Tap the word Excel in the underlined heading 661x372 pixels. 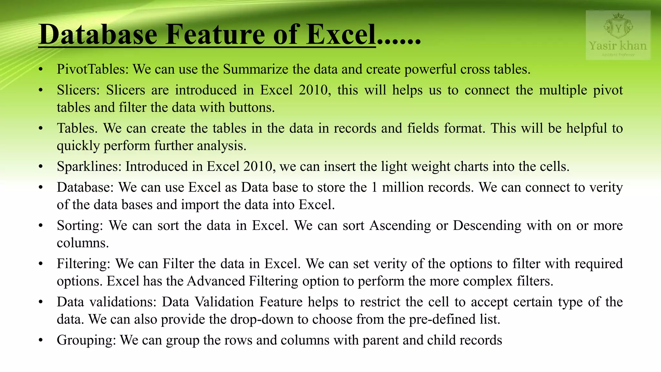point(341,35)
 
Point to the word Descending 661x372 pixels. point(487,225)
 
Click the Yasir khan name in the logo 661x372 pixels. point(618,46)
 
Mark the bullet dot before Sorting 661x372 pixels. point(40,226)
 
